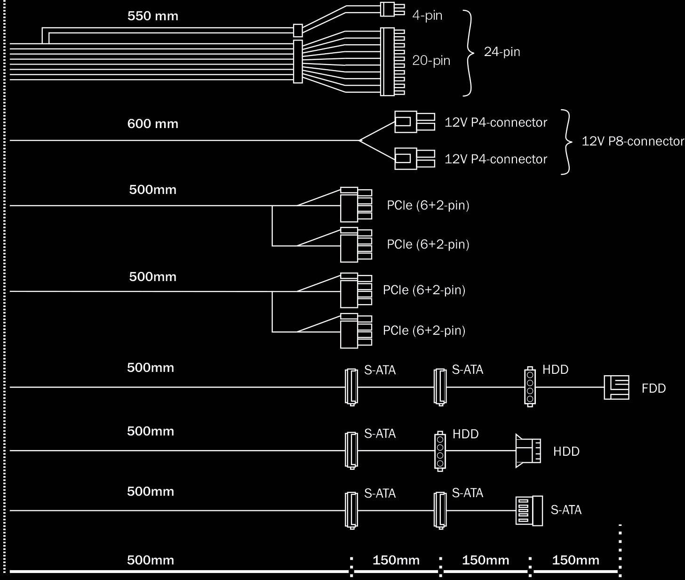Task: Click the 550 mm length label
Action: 153,16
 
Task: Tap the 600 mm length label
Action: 153,124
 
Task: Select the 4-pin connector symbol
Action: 391,9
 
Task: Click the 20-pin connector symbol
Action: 391,62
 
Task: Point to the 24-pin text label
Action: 502,52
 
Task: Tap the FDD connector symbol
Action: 616,387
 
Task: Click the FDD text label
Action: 653,388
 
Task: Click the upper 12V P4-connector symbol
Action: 414,122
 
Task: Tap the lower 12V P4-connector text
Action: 496,159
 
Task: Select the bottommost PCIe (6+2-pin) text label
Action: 424,330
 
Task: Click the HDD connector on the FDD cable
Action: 530,387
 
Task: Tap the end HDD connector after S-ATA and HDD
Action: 527,451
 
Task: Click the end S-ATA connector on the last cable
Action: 529,511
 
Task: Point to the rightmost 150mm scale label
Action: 575,560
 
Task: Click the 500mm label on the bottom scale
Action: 151,560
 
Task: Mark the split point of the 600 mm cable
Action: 359,140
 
